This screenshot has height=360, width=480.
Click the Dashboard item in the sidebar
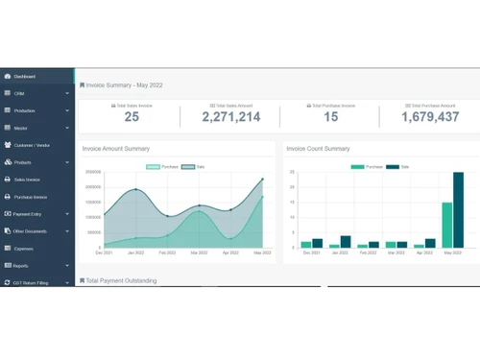(25, 77)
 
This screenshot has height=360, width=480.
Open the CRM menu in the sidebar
(19, 94)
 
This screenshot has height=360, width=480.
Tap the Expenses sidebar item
(23, 249)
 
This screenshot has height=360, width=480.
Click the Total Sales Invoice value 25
(132, 117)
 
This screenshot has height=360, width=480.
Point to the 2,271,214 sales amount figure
(231, 117)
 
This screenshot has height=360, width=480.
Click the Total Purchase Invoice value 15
(330, 117)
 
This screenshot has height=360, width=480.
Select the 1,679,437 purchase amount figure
(430, 117)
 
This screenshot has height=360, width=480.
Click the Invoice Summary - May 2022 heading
(125, 85)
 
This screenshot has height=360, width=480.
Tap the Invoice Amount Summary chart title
(116, 149)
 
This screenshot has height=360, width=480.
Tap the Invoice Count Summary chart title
(318, 149)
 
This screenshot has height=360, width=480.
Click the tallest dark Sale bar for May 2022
(458, 210)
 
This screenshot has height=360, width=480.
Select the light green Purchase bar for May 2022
(447, 226)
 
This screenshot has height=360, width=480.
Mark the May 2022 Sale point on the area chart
(262, 180)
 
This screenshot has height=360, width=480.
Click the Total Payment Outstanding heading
(121, 281)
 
